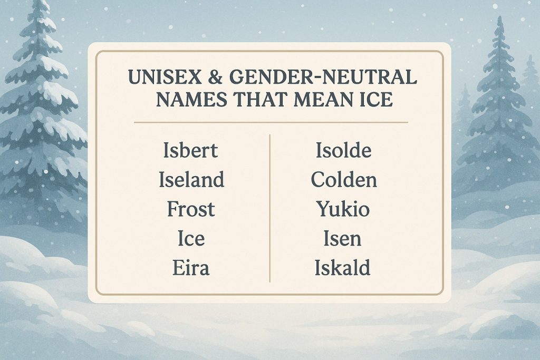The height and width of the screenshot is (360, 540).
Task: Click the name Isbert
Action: pos(191,151)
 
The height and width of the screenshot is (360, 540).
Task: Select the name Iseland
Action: pos(191,180)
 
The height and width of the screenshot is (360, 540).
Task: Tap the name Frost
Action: pos(191,209)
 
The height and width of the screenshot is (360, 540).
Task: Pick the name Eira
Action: pos(191,268)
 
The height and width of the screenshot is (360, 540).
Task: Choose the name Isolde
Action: pos(344,151)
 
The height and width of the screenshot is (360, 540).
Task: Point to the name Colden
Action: pos(344,180)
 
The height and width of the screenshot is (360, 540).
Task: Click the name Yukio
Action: pos(343,210)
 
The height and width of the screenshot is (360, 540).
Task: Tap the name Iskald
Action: pos(342,268)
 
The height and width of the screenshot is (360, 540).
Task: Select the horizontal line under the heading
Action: pos(270,123)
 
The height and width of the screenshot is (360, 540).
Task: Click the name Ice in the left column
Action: pos(191,239)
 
